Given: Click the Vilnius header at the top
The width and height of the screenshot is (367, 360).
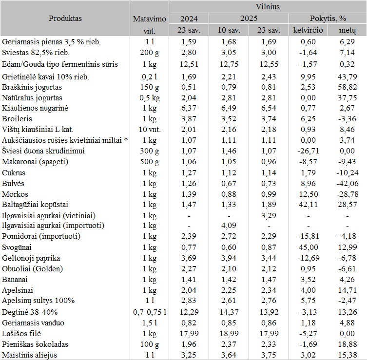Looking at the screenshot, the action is tap(268, 6).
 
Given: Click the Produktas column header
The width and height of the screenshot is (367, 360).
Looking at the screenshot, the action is tap(65, 18).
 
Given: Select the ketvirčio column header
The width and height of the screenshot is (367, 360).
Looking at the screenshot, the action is tap(308, 30).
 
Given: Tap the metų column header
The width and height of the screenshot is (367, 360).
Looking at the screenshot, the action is tap(348, 30).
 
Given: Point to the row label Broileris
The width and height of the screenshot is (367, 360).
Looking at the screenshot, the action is tap(17, 118).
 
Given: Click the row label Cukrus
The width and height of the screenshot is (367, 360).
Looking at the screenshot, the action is tap(13, 172).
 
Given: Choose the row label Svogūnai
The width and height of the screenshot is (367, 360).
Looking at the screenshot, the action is tap(17, 247).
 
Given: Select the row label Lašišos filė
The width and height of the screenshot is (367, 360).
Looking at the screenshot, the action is tap(21, 333).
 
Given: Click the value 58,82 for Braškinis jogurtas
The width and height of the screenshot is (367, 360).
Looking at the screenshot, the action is tap(348, 87).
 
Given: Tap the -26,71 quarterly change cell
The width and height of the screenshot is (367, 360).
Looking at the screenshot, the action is tap(308, 151).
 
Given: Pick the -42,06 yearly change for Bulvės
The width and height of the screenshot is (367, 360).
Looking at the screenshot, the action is tap(348, 183).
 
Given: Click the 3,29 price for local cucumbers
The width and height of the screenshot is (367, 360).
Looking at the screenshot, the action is tap(269, 215).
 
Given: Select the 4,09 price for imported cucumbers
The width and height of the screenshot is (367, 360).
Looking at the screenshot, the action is tap(229, 226).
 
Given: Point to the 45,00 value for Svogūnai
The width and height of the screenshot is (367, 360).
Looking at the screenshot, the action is tap(308, 247).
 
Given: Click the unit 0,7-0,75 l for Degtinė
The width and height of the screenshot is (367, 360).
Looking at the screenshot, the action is tap(150, 312).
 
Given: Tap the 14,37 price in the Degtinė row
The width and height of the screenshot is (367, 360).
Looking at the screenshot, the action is tap(229, 312).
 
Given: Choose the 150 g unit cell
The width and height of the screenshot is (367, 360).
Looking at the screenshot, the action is tap(150, 87).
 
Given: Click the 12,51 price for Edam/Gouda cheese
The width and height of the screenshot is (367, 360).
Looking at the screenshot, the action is tap(189, 64).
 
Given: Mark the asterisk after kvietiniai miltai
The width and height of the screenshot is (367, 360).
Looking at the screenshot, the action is tap(126, 140).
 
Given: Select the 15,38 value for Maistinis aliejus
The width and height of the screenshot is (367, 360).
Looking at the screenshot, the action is tap(348, 355).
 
